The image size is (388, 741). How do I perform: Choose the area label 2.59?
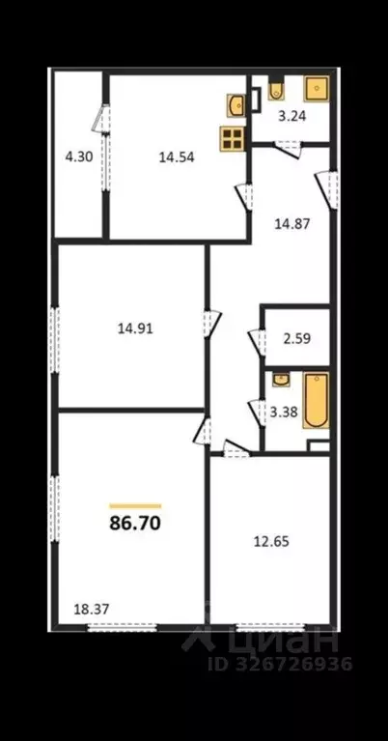coord(296,340)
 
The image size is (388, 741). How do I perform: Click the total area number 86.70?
coord(134,525)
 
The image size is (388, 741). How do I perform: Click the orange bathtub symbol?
coord(316,400)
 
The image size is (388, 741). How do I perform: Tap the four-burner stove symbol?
coord(233,137)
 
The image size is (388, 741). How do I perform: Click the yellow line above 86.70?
coord(134,505)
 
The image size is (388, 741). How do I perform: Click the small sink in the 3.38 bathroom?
coord(280,379)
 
